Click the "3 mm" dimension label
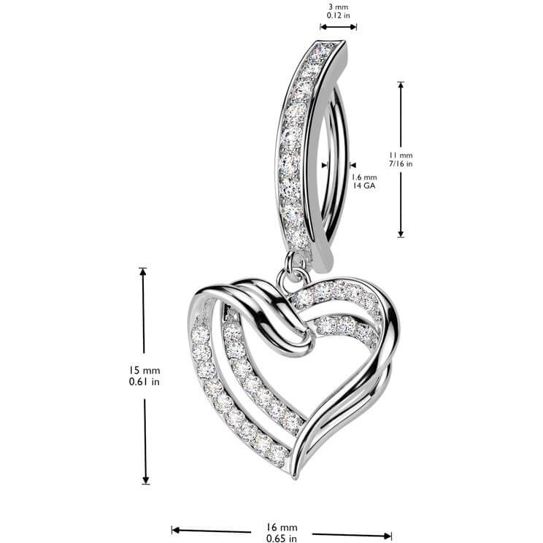click(x=339, y=7)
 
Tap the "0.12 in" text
click(x=339, y=15)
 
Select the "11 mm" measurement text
click(x=401, y=155)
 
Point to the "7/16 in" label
click(x=401, y=163)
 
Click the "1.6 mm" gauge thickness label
click(x=364, y=177)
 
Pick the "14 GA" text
click(x=364, y=185)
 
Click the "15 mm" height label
click(x=145, y=371)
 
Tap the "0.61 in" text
click(x=145, y=382)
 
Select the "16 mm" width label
click(x=282, y=528)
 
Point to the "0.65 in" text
click(x=282, y=539)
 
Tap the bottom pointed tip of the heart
click(x=296, y=478)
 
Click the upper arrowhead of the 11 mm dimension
click(x=401, y=85)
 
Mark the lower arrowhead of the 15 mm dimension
click(x=146, y=480)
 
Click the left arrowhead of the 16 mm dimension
click(x=176, y=530)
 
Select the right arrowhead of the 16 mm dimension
click(x=388, y=536)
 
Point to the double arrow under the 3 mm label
click(x=339, y=27)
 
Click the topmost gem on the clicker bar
click(x=323, y=50)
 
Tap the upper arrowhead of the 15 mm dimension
click(x=142, y=271)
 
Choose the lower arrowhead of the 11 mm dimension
click(x=401, y=234)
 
